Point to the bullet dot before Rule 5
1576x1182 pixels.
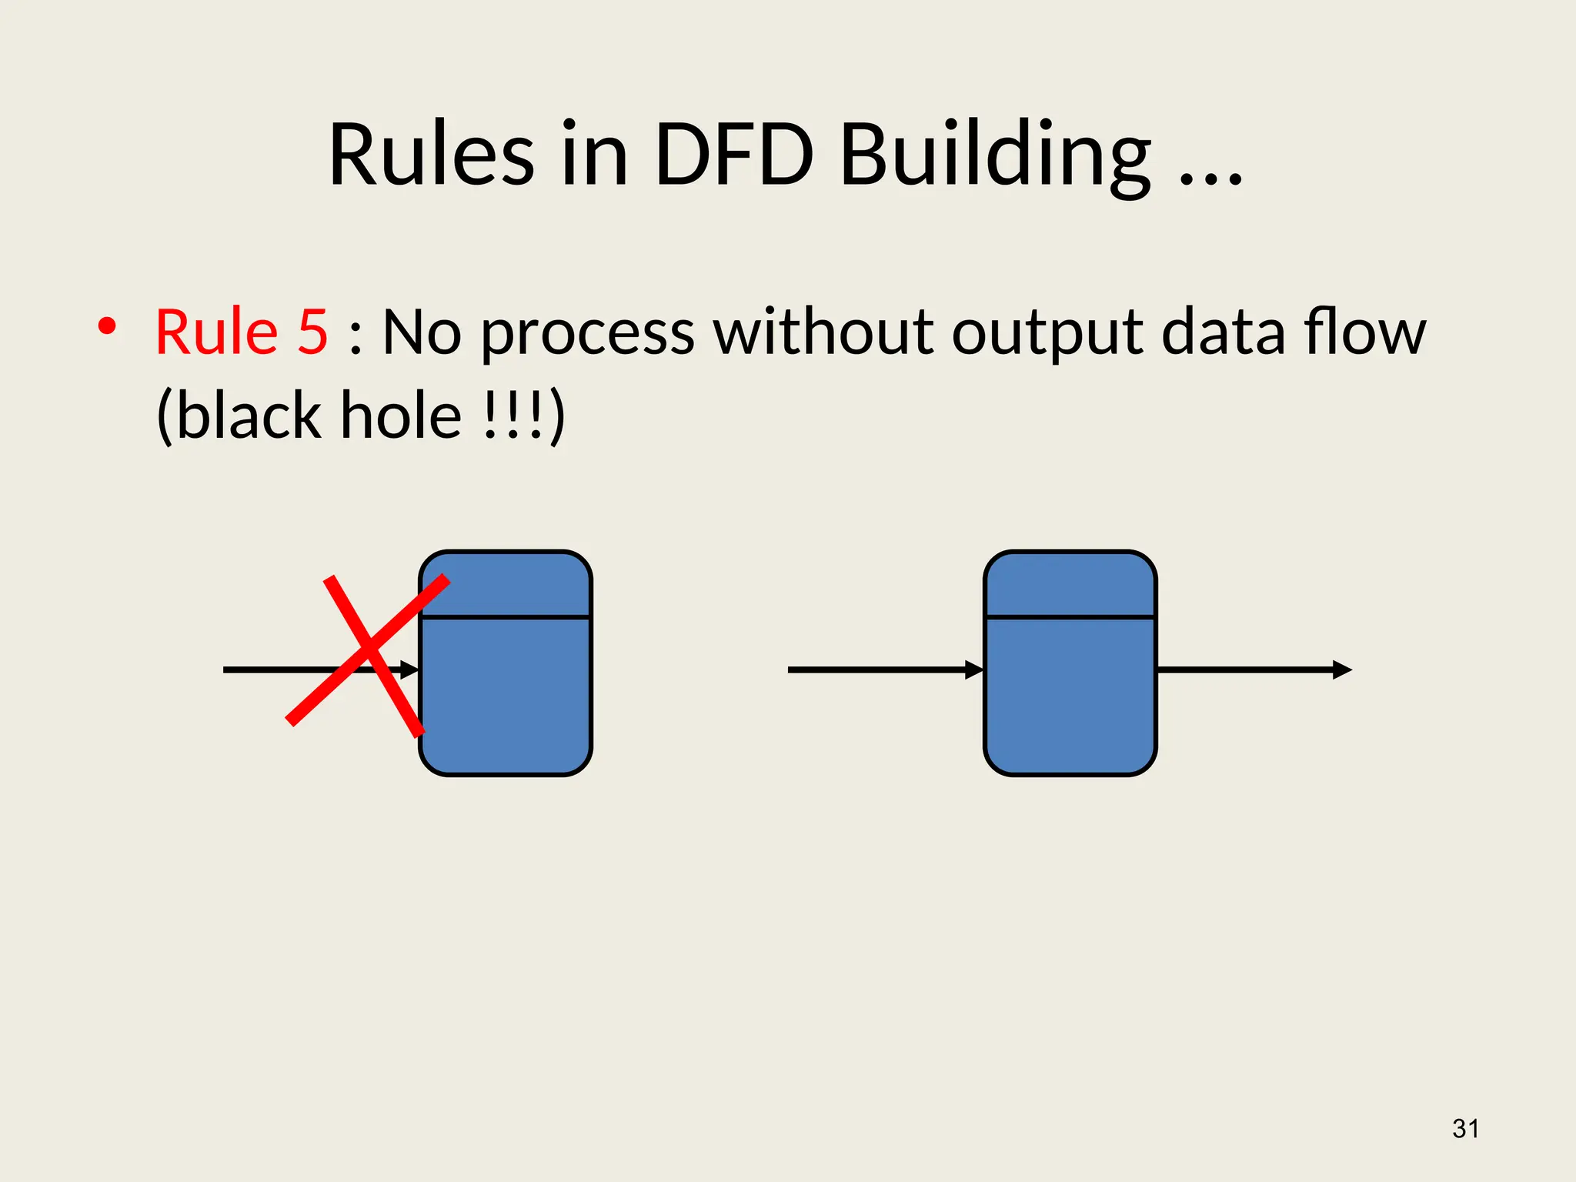click(x=107, y=326)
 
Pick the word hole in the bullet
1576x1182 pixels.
click(x=401, y=416)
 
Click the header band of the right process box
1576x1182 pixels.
click(x=1070, y=585)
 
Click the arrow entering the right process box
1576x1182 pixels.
click(x=885, y=669)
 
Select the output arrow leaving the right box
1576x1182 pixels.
click(x=1254, y=669)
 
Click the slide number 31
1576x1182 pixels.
click(x=1465, y=1129)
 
